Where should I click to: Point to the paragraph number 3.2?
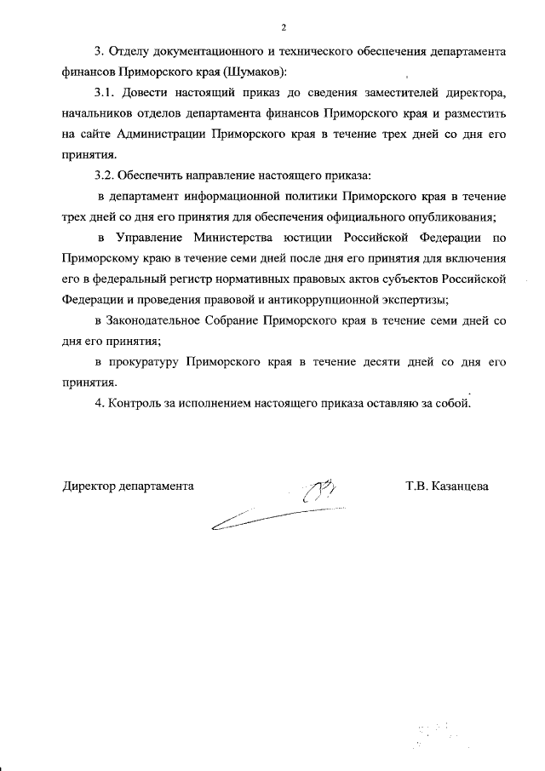pyautogui.click(x=105, y=175)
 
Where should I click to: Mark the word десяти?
pyautogui.click(x=384, y=361)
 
